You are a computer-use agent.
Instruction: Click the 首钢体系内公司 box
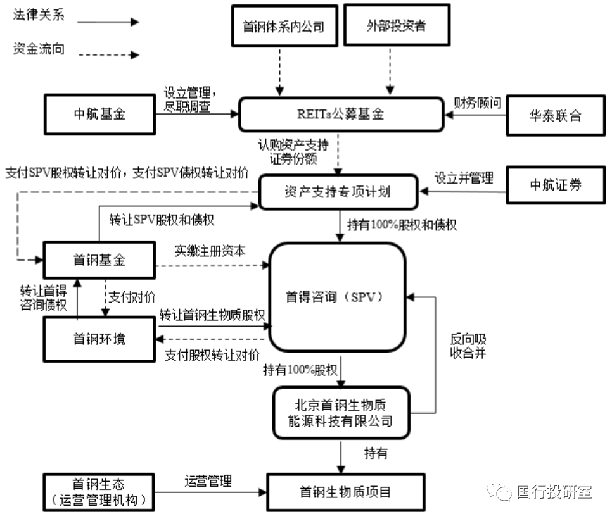click(283, 27)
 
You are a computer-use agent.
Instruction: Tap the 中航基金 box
click(99, 115)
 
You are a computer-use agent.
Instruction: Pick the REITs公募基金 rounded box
click(341, 115)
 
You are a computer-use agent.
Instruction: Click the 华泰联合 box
click(556, 115)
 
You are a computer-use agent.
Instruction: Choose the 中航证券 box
click(556, 185)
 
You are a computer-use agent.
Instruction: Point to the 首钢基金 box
click(99, 259)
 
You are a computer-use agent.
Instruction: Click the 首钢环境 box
click(99, 339)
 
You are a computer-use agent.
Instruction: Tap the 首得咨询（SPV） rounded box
click(336, 296)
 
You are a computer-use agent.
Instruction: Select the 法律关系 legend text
click(39, 16)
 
